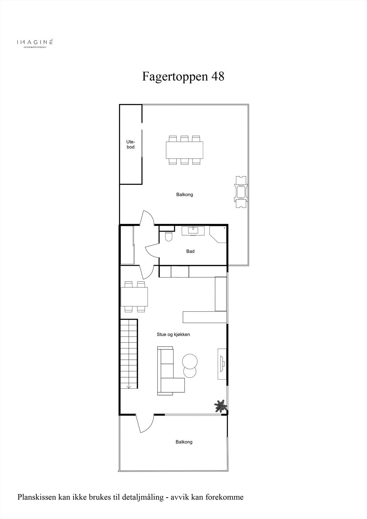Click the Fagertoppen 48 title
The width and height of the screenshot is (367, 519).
[x=183, y=77]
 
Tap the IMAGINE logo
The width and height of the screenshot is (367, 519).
[x=35, y=42]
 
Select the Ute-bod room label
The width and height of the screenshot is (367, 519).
[x=130, y=144]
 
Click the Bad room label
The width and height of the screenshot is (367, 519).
[x=190, y=251]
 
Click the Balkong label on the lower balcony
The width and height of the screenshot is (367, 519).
[x=184, y=442]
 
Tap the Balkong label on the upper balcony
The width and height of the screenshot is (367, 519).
[x=185, y=195]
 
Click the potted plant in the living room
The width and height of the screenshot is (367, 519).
[x=220, y=406]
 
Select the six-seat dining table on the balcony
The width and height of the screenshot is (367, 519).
[x=185, y=150]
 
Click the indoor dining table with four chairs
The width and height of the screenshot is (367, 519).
[x=134, y=296]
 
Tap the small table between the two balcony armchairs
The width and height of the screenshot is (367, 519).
[x=241, y=192]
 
